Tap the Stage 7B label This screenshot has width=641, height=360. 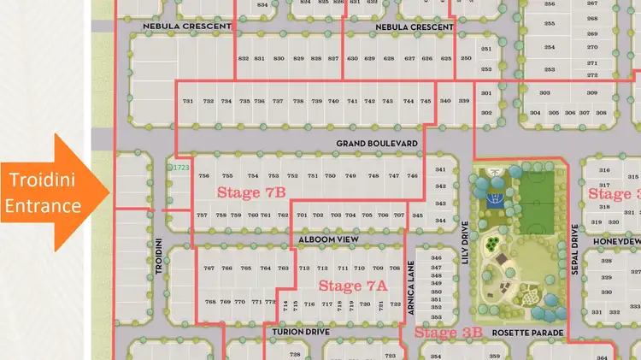click(x=251, y=193)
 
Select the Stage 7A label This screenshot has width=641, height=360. click(x=353, y=286)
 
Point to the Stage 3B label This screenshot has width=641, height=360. click(x=449, y=333)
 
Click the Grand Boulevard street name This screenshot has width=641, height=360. click(x=377, y=143)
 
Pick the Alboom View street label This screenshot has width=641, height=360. click(x=327, y=241)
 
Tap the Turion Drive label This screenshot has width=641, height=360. click(x=301, y=332)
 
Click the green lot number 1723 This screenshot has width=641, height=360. click(x=180, y=168)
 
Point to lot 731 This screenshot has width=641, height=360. click(x=189, y=102)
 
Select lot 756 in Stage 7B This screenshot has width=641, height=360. click(x=203, y=176)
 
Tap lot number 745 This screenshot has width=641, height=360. click(x=426, y=102)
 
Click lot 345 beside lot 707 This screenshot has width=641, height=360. click(x=417, y=215)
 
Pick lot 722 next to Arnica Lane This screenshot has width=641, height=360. click(x=396, y=304)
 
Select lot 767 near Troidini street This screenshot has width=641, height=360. click(x=209, y=269)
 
